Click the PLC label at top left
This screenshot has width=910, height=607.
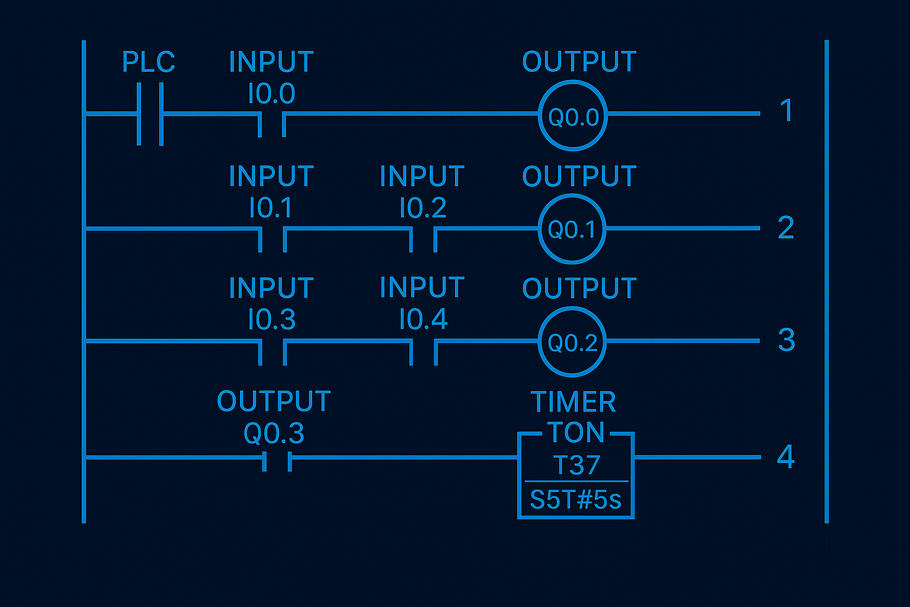(x=148, y=62)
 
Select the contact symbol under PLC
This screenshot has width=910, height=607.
(x=150, y=114)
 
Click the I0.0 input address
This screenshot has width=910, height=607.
(x=271, y=94)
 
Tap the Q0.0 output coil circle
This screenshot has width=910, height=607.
(x=573, y=116)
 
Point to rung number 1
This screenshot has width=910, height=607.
(x=786, y=110)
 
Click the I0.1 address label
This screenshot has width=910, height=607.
(x=271, y=208)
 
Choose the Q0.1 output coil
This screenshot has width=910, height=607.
(x=572, y=229)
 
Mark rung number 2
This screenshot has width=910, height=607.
(x=786, y=228)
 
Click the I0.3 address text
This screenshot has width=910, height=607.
(x=271, y=320)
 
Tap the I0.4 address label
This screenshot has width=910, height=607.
(x=423, y=320)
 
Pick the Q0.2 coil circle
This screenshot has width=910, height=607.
(x=572, y=342)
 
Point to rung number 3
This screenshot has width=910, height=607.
(x=786, y=340)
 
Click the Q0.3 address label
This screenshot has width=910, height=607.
(x=274, y=433)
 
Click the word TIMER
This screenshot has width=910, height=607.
(x=573, y=402)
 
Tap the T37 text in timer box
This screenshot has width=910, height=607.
(x=576, y=465)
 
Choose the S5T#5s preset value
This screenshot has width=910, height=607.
(x=575, y=500)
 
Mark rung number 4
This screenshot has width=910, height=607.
(x=786, y=456)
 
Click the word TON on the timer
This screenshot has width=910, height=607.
(x=575, y=433)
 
